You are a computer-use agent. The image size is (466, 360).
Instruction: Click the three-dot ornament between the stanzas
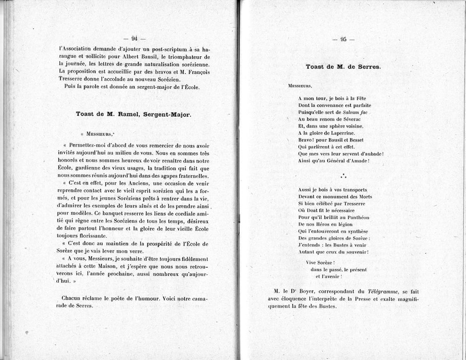(343, 175)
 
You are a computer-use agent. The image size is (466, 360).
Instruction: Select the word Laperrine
(336, 133)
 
